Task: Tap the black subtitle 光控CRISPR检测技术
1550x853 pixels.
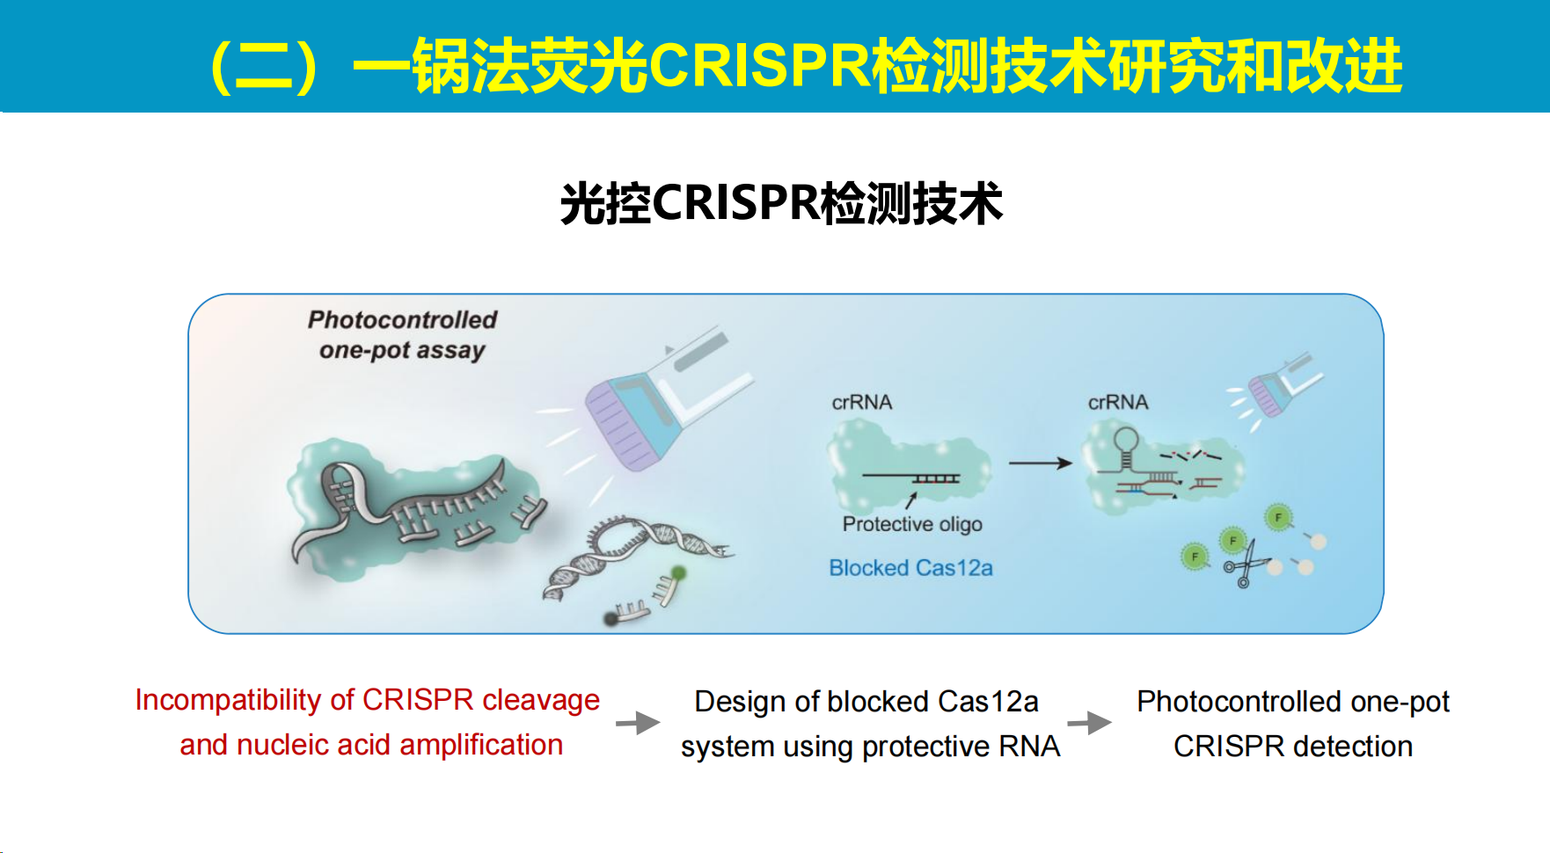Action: (781, 203)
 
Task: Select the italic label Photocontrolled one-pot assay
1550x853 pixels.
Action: (402, 335)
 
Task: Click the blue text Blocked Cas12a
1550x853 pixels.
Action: (910, 568)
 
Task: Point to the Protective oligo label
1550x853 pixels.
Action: (912, 524)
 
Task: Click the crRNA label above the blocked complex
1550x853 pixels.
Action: (862, 402)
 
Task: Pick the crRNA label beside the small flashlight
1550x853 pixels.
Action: (1118, 402)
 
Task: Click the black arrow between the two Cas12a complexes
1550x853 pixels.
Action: (1041, 463)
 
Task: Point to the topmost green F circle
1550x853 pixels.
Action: (1278, 517)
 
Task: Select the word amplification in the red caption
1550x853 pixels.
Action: (481, 745)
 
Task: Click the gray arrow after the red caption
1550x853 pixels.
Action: (638, 723)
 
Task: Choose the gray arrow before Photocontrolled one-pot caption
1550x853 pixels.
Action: (1089, 723)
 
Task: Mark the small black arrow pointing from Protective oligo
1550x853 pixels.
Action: (912, 499)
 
